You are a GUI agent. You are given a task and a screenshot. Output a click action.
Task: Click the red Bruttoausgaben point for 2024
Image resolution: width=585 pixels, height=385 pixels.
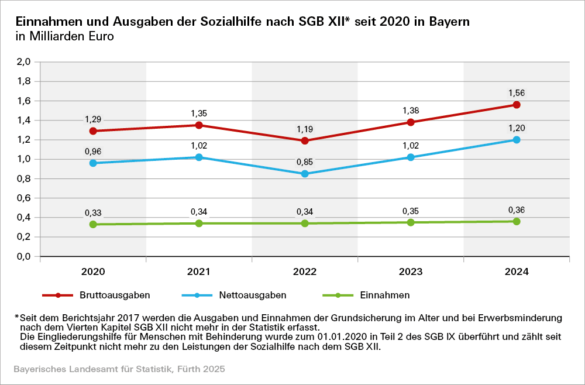click(517, 105)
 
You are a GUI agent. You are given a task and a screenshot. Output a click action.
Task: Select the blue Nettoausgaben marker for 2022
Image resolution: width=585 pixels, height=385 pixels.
click(305, 174)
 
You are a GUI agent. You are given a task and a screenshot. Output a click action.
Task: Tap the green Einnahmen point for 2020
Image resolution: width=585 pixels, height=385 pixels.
click(93, 224)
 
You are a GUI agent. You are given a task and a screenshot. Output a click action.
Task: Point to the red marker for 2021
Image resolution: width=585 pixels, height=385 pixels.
click(199, 125)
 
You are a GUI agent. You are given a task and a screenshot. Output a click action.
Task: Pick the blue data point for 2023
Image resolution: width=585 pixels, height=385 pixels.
click(411, 157)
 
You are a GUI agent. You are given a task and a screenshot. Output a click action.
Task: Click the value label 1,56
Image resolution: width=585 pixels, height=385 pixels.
click(517, 92)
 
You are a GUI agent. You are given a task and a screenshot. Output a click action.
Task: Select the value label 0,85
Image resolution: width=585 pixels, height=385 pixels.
click(305, 161)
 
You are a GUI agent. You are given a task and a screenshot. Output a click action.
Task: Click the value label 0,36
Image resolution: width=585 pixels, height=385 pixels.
click(517, 210)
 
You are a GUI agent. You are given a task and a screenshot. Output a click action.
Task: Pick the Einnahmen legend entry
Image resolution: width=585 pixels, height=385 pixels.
click(384, 295)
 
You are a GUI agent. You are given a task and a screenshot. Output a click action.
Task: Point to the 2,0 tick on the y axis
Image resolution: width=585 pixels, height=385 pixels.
click(24, 62)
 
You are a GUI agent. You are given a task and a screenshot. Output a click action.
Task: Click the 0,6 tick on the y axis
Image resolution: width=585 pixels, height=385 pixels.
click(24, 198)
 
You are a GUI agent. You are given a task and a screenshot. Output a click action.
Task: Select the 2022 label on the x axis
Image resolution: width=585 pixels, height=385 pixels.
click(305, 272)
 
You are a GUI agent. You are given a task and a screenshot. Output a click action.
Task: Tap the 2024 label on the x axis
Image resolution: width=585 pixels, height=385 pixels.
click(517, 272)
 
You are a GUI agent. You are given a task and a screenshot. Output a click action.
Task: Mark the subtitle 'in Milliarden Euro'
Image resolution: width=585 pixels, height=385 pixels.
click(64, 36)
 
